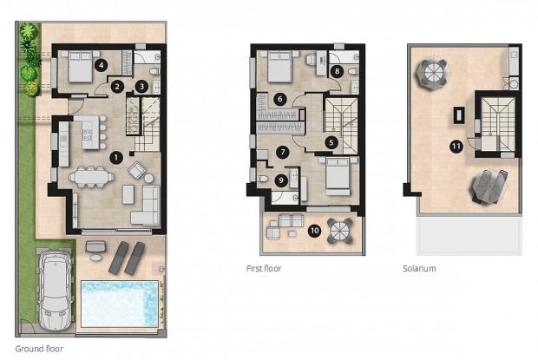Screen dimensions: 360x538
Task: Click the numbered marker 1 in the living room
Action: click(x=116, y=157)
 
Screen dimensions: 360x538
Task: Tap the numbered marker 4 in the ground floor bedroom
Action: click(x=102, y=64)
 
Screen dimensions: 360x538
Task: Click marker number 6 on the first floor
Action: click(x=279, y=98)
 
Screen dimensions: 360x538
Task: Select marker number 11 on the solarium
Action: click(x=456, y=147)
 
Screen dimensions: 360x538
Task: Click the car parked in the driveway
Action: click(x=54, y=290)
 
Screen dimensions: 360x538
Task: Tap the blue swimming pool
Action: click(x=120, y=303)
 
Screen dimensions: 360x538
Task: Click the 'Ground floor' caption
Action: click(x=41, y=349)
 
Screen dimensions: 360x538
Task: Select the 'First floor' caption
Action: click(x=264, y=269)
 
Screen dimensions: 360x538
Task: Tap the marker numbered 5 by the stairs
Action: click(x=331, y=141)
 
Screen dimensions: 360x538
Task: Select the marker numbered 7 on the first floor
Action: click(x=280, y=151)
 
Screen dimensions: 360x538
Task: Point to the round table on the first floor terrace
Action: click(x=336, y=231)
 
